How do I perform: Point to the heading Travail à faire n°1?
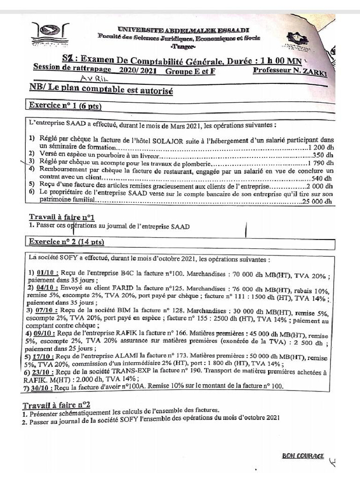click(62, 217)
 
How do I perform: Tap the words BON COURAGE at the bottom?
click(303, 456)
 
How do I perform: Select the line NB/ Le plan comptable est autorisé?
click(101, 89)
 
